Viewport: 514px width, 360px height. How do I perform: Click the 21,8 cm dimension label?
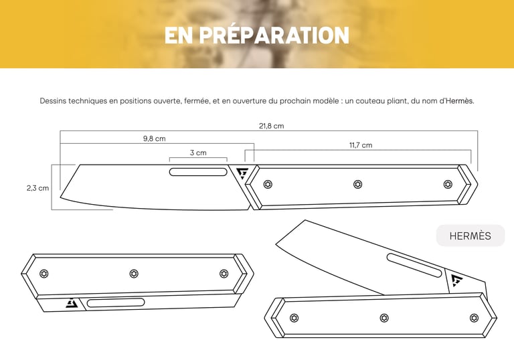click(x=272, y=126)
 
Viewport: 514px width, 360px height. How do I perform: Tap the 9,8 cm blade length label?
click(x=154, y=139)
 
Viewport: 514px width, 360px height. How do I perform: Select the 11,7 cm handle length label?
click(x=361, y=145)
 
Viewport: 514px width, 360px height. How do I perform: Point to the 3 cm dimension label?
click(x=198, y=153)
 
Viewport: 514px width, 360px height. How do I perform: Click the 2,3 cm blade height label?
click(x=37, y=188)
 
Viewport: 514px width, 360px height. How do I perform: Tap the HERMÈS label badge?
click(x=470, y=236)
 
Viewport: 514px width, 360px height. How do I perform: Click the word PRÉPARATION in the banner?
click(x=274, y=35)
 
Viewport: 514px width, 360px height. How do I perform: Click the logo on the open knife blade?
click(x=243, y=173)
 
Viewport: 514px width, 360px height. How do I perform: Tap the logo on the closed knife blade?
click(x=72, y=303)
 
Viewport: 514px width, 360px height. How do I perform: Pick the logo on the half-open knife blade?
click(x=456, y=280)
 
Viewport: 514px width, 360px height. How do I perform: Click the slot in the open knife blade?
click(x=198, y=172)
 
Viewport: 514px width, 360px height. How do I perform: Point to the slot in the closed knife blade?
click(x=116, y=302)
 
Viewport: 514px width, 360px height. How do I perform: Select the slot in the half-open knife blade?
click(x=414, y=265)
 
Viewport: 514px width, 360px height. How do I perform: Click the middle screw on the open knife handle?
click(x=357, y=184)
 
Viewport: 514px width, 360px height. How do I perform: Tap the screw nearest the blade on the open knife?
click(x=268, y=184)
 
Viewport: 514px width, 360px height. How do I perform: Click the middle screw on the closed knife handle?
click(x=134, y=274)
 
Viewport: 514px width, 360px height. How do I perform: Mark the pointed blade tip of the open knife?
click(x=61, y=197)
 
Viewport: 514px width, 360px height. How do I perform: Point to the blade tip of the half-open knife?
click(x=276, y=244)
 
